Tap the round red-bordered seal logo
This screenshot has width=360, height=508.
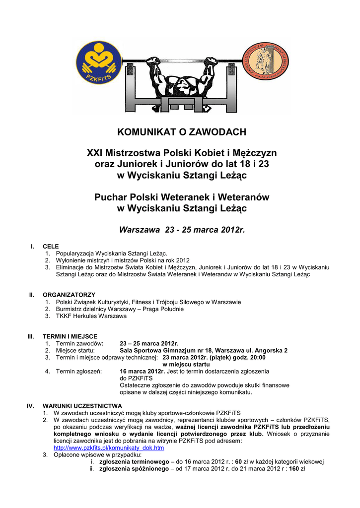[x=265, y=62]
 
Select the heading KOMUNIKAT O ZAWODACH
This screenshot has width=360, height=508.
[x=182, y=132]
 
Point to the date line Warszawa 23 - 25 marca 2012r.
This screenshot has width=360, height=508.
[x=182, y=230]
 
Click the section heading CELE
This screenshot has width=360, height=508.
[x=51, y=246]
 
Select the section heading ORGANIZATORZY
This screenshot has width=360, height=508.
[x=69, y=295]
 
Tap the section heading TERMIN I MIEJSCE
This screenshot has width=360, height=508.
[x=70, y=336]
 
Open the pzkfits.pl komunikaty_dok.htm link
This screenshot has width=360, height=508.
[x=109, y=447]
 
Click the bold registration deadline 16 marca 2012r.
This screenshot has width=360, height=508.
[x=143, y=371]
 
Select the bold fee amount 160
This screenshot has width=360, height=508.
[x=294, y=468]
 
